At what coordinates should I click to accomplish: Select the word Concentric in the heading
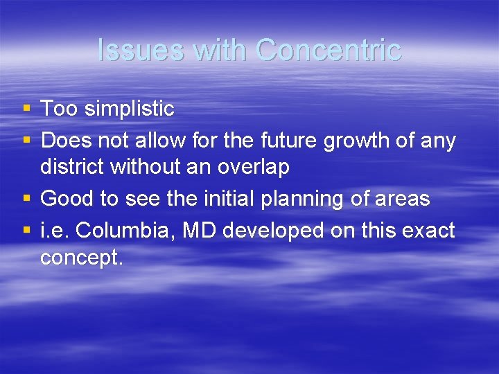coord(328,50)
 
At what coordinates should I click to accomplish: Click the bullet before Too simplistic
coord(26,108)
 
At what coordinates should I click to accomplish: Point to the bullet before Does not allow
coord(26,141)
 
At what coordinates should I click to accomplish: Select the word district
coord(68,167)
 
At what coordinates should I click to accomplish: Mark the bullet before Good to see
coord(26,199)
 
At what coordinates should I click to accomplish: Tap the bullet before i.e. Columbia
coord(26,231)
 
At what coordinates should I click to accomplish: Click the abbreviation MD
coord(196,231)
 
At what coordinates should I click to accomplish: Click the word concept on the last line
coord(80,258)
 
